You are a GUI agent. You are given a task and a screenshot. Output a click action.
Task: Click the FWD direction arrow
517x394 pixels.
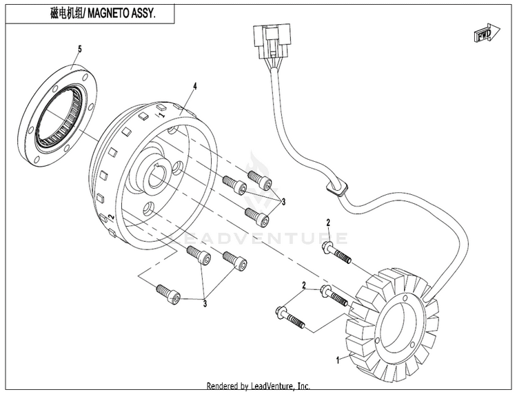[487, 33]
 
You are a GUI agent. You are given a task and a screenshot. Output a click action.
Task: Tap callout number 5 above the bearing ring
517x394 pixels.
[79, 49]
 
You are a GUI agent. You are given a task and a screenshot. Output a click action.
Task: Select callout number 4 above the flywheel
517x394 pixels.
[195, 86]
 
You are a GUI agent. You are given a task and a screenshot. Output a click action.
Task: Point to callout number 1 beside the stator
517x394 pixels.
[337, 360]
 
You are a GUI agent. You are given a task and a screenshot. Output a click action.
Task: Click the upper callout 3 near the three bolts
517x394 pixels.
[283, 202]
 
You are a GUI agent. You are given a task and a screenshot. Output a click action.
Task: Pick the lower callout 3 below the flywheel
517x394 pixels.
[205, 303]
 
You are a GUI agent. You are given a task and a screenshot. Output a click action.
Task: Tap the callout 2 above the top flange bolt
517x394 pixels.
[328, 222]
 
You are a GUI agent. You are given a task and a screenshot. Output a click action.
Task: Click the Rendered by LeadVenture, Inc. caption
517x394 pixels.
[258, 386]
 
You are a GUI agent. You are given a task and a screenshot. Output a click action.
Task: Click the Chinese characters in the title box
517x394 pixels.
[68, 14]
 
